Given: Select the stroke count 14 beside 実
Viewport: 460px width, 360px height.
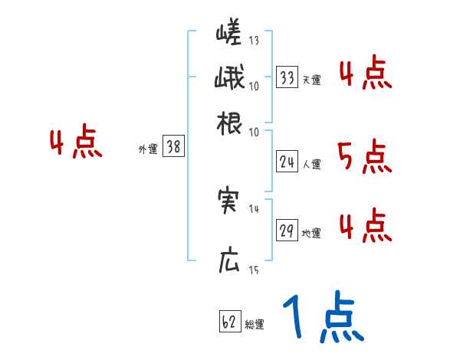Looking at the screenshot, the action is [254, 208].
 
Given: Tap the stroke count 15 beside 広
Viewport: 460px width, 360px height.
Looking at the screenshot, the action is [254, 270].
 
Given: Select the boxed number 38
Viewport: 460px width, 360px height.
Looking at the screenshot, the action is [174, 148].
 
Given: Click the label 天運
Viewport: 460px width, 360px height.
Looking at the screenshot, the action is [311, 80].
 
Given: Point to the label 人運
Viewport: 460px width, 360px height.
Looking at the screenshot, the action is [311, 164].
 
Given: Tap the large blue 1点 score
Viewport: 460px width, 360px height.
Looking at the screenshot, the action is [322, 317].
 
